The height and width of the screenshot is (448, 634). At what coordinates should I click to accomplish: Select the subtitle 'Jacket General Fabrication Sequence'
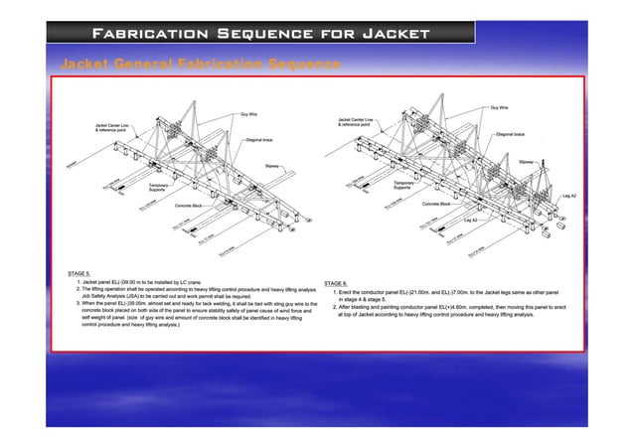[x=202, y=65]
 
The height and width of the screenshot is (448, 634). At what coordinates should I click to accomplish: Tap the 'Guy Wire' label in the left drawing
[x=250, y=114]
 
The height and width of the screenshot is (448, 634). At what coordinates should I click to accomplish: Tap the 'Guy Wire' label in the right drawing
[x=499, y=106]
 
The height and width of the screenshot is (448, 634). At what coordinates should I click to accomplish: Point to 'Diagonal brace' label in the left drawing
[x=260, y=140]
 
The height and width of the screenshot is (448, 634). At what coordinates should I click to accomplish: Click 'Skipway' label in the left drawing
[x=272, y=166]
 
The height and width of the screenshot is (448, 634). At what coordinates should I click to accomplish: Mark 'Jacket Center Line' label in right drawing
[x=356, y=121]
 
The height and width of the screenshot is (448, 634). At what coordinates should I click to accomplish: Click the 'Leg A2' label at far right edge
[x=569, y=197]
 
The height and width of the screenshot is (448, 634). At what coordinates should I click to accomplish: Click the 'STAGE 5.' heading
[x=79, y=271]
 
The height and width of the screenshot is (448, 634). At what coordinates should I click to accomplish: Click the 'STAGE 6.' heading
[x=337, y=283]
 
